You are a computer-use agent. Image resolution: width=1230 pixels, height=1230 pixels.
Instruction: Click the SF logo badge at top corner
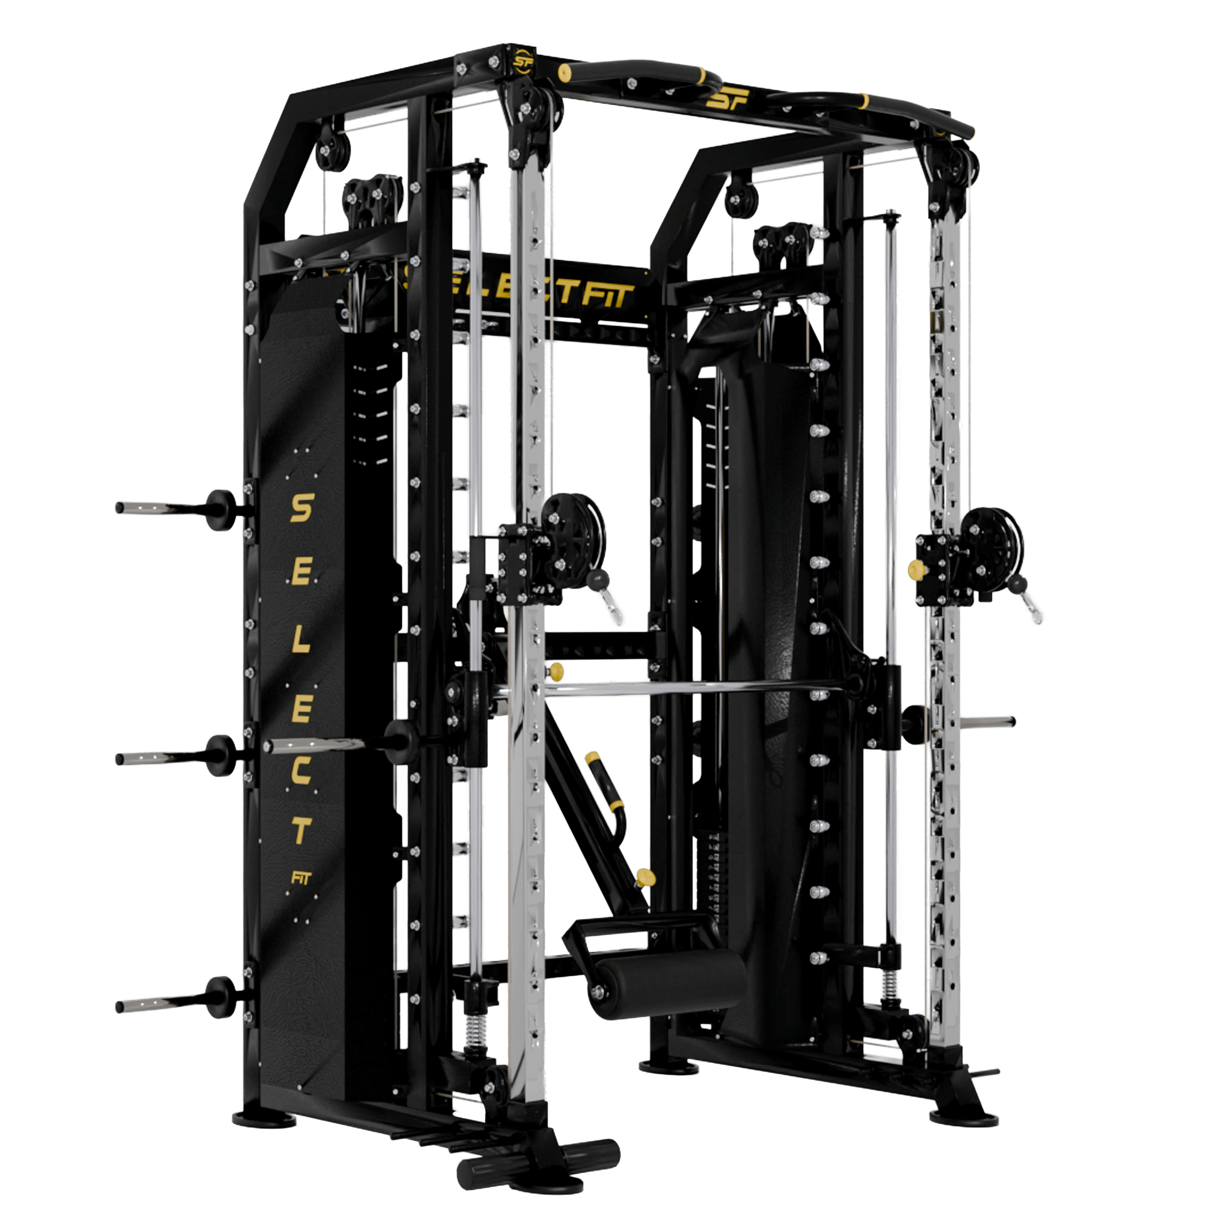tap(523, 61)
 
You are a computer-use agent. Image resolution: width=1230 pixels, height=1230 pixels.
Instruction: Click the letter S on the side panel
tap(301, 509)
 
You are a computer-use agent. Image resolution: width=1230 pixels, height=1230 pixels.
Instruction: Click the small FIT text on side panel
tap(300, 879)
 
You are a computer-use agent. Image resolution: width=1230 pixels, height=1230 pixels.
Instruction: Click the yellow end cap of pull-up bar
tap(563, 73)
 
